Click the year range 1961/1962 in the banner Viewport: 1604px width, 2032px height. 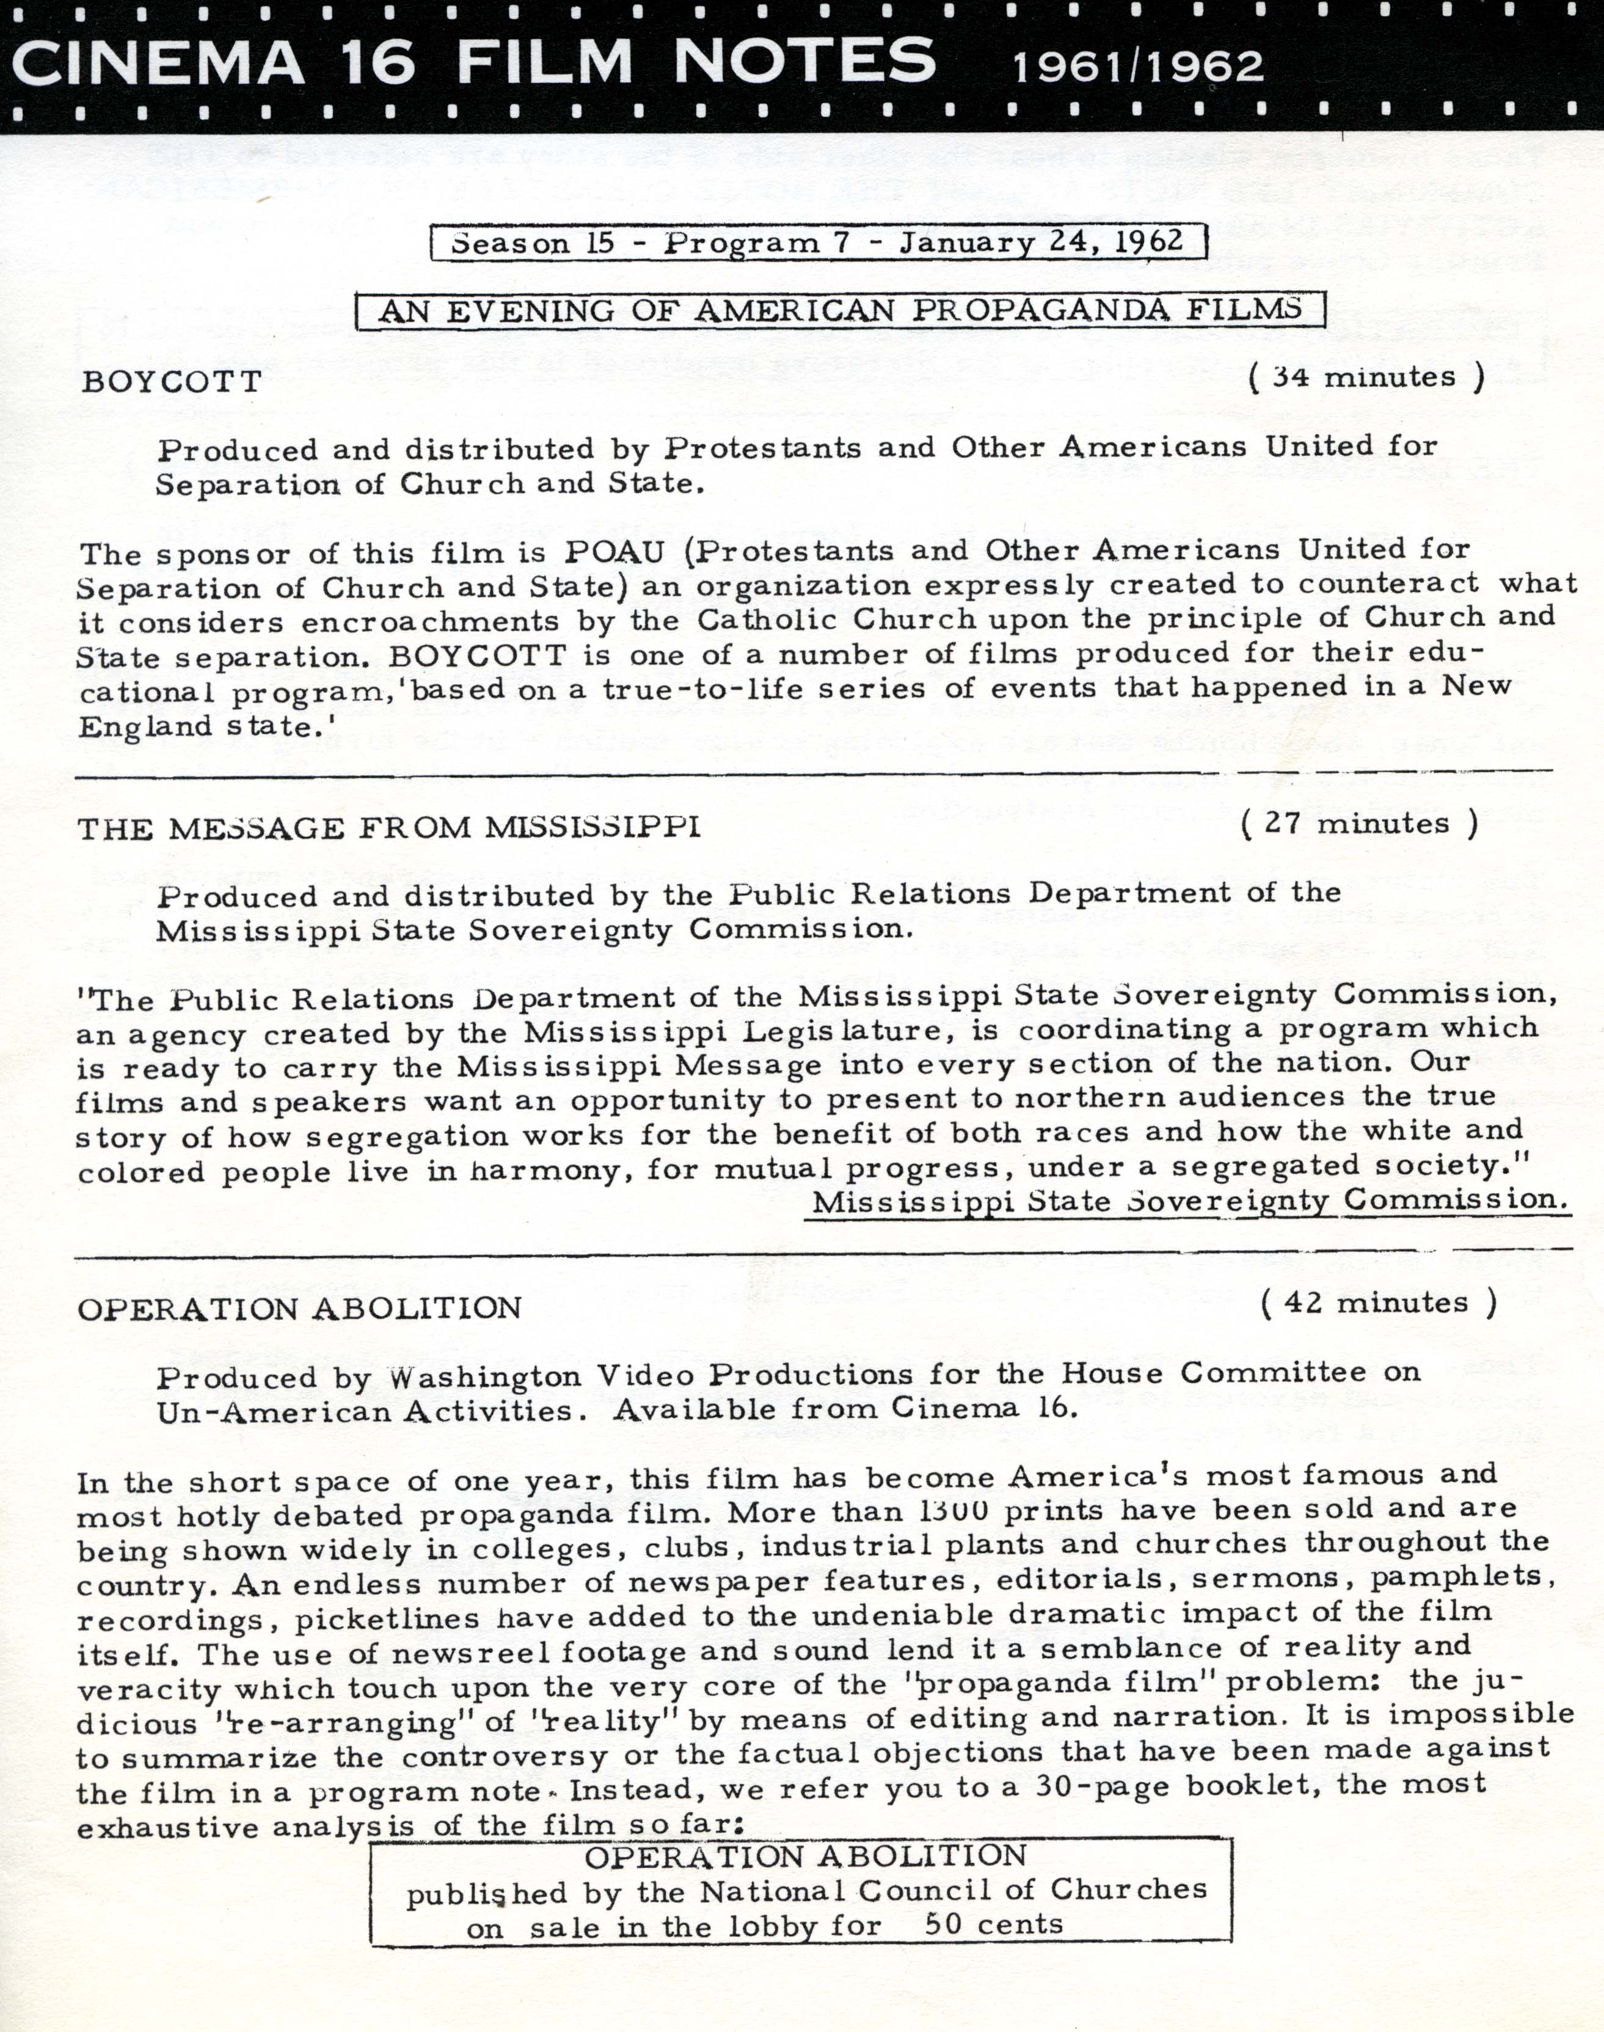(1137, 67)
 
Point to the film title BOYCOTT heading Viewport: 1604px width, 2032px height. (172, 381)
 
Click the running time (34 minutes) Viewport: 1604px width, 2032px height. (1366, 378)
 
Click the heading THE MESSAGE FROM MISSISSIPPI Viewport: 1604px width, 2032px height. (389, 828)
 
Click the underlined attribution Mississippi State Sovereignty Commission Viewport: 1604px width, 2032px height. (1189, 1201)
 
